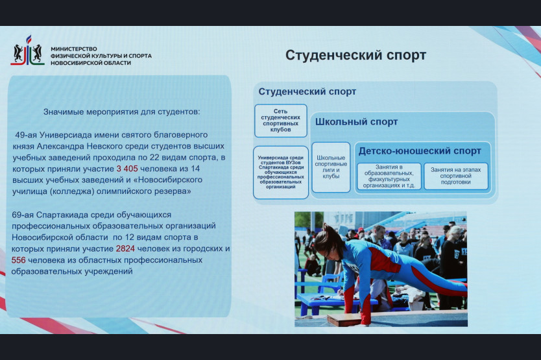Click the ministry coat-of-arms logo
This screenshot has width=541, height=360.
(x=27, y=51)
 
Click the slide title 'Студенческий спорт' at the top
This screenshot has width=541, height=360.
(x=355, y=55)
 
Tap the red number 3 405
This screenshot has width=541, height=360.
(x=127, y=169)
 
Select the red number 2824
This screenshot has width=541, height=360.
(x=125, y=248)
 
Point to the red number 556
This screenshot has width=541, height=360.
(x=19, y=260)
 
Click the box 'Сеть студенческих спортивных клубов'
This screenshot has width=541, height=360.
(x=280, y=121)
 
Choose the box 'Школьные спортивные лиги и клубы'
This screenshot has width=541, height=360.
(x=331, y=167)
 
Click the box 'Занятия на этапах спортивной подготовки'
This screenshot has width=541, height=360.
(x=456, y=176)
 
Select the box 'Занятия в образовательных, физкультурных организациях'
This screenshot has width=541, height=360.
(x=389, y=176)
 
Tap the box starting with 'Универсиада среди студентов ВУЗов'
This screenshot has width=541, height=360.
(x=280, y=173)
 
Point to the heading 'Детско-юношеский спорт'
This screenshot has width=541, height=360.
(x=420, y=151)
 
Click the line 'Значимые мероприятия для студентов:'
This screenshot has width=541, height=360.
(x=121, y=112)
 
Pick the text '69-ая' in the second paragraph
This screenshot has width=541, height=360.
(x=23, y=215)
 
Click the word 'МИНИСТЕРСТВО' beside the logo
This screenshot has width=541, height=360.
(x=74, y=49)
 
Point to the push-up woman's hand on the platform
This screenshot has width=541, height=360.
(x=365, y=321)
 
